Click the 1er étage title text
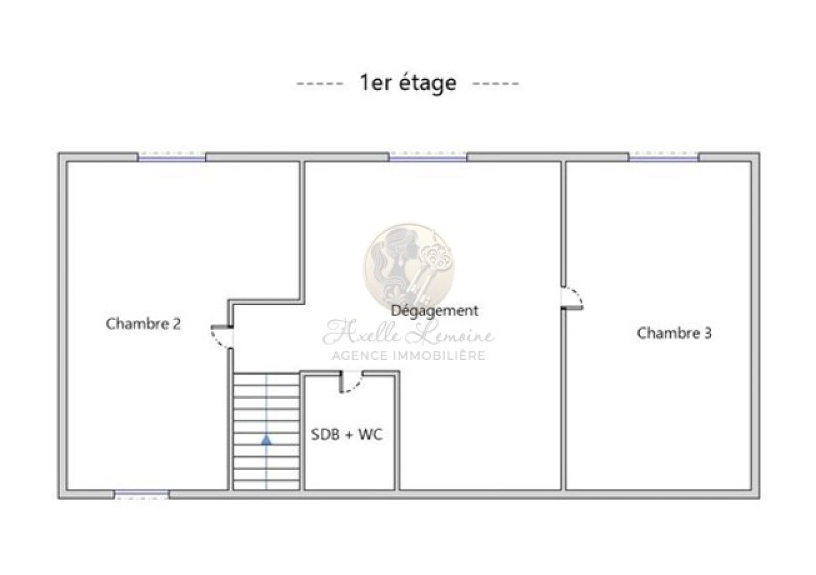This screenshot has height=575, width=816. (408, 83)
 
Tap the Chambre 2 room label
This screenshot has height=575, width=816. (143, 324)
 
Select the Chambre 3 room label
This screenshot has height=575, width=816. (674, 333)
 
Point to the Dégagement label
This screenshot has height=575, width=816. (434, 311)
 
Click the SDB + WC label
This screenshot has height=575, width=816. (347, 434)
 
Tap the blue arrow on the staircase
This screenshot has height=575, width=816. (266, 440)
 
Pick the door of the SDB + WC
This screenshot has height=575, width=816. (351, 382)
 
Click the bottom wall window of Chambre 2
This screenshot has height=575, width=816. (142, 495)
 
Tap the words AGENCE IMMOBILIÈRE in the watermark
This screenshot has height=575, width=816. (408, 355)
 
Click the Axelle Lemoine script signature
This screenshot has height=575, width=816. (408, 332)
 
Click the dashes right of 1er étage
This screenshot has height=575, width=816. (496, 84)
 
